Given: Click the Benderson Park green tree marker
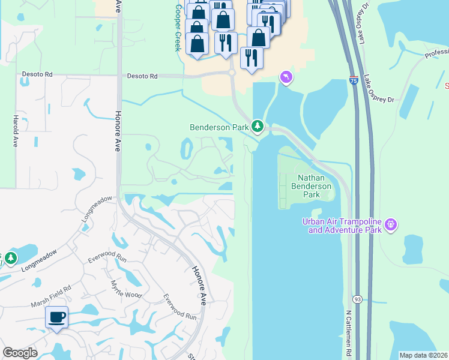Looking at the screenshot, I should pyautogui.click(x=258, y=126).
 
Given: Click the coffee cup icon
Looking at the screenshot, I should pyautogui.click(x=57, y=317).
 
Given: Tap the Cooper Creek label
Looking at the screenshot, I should pyautogui.click(x=178, y=28).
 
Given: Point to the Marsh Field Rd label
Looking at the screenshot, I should pyautogui.click(x=51, y=288).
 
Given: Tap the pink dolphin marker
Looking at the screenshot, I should pyautogui.click(x=286, y=77).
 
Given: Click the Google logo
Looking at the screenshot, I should pyautogui.click(x=20, y=353).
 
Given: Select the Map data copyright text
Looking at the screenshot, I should pyautogui.click(x=424, y=355).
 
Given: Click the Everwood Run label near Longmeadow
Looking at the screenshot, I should pyautogui.click(x=107, y=259).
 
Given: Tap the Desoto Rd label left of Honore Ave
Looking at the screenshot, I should pyautogui.click(x=38, y=75).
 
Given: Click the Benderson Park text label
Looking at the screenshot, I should pyautogui.click(x=220, y=127).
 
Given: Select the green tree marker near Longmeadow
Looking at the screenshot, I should pyautogui.click(x=11, y=259).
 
